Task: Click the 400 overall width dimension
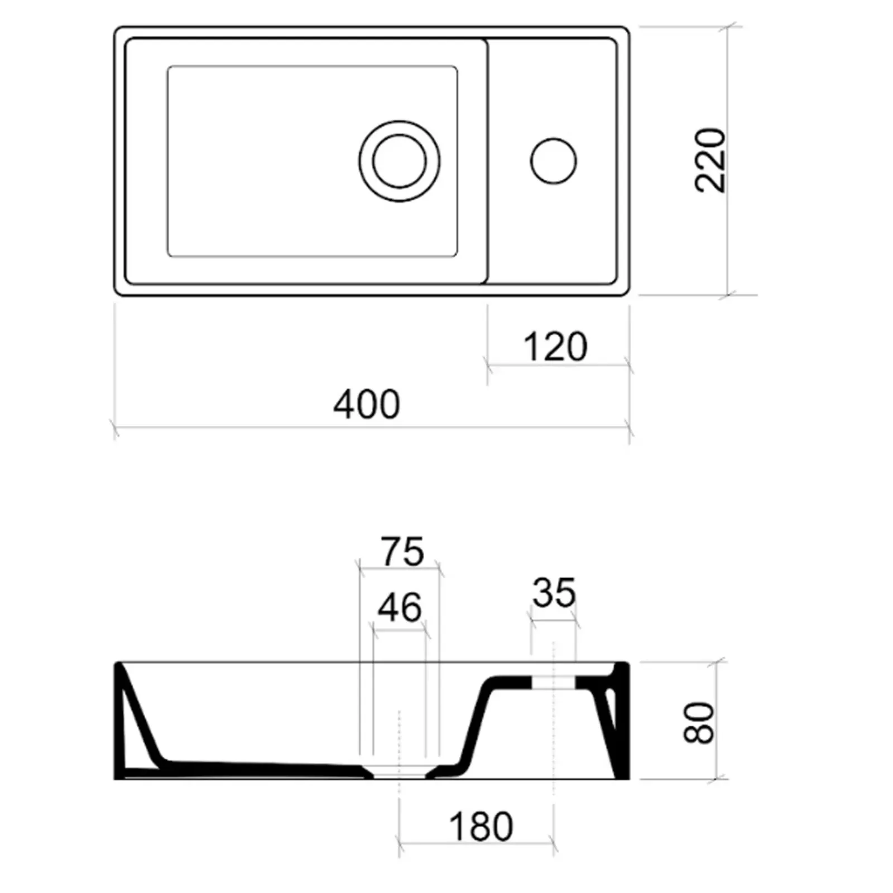click(x=367, y=405)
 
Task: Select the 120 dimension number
click(x=555, y=347)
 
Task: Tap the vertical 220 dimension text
click(x=710, y=161)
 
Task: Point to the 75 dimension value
click(x=402, y=552)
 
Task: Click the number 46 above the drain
click(x=399, y=608)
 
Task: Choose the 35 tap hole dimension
click(x=553, y=593)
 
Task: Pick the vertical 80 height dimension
click(x=699, y=723)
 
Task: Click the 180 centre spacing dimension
click(x=481, y=827)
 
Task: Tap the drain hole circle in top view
click(x=399, y=161)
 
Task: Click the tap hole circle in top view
click(x=553, y=161)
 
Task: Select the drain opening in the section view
click(x=399, y=773)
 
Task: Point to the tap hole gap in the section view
click(x=553, y=682)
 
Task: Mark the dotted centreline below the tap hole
click(x=553, y=737)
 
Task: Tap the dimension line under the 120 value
click(x=558, y=366)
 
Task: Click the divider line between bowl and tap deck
click(x=488, y=162)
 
